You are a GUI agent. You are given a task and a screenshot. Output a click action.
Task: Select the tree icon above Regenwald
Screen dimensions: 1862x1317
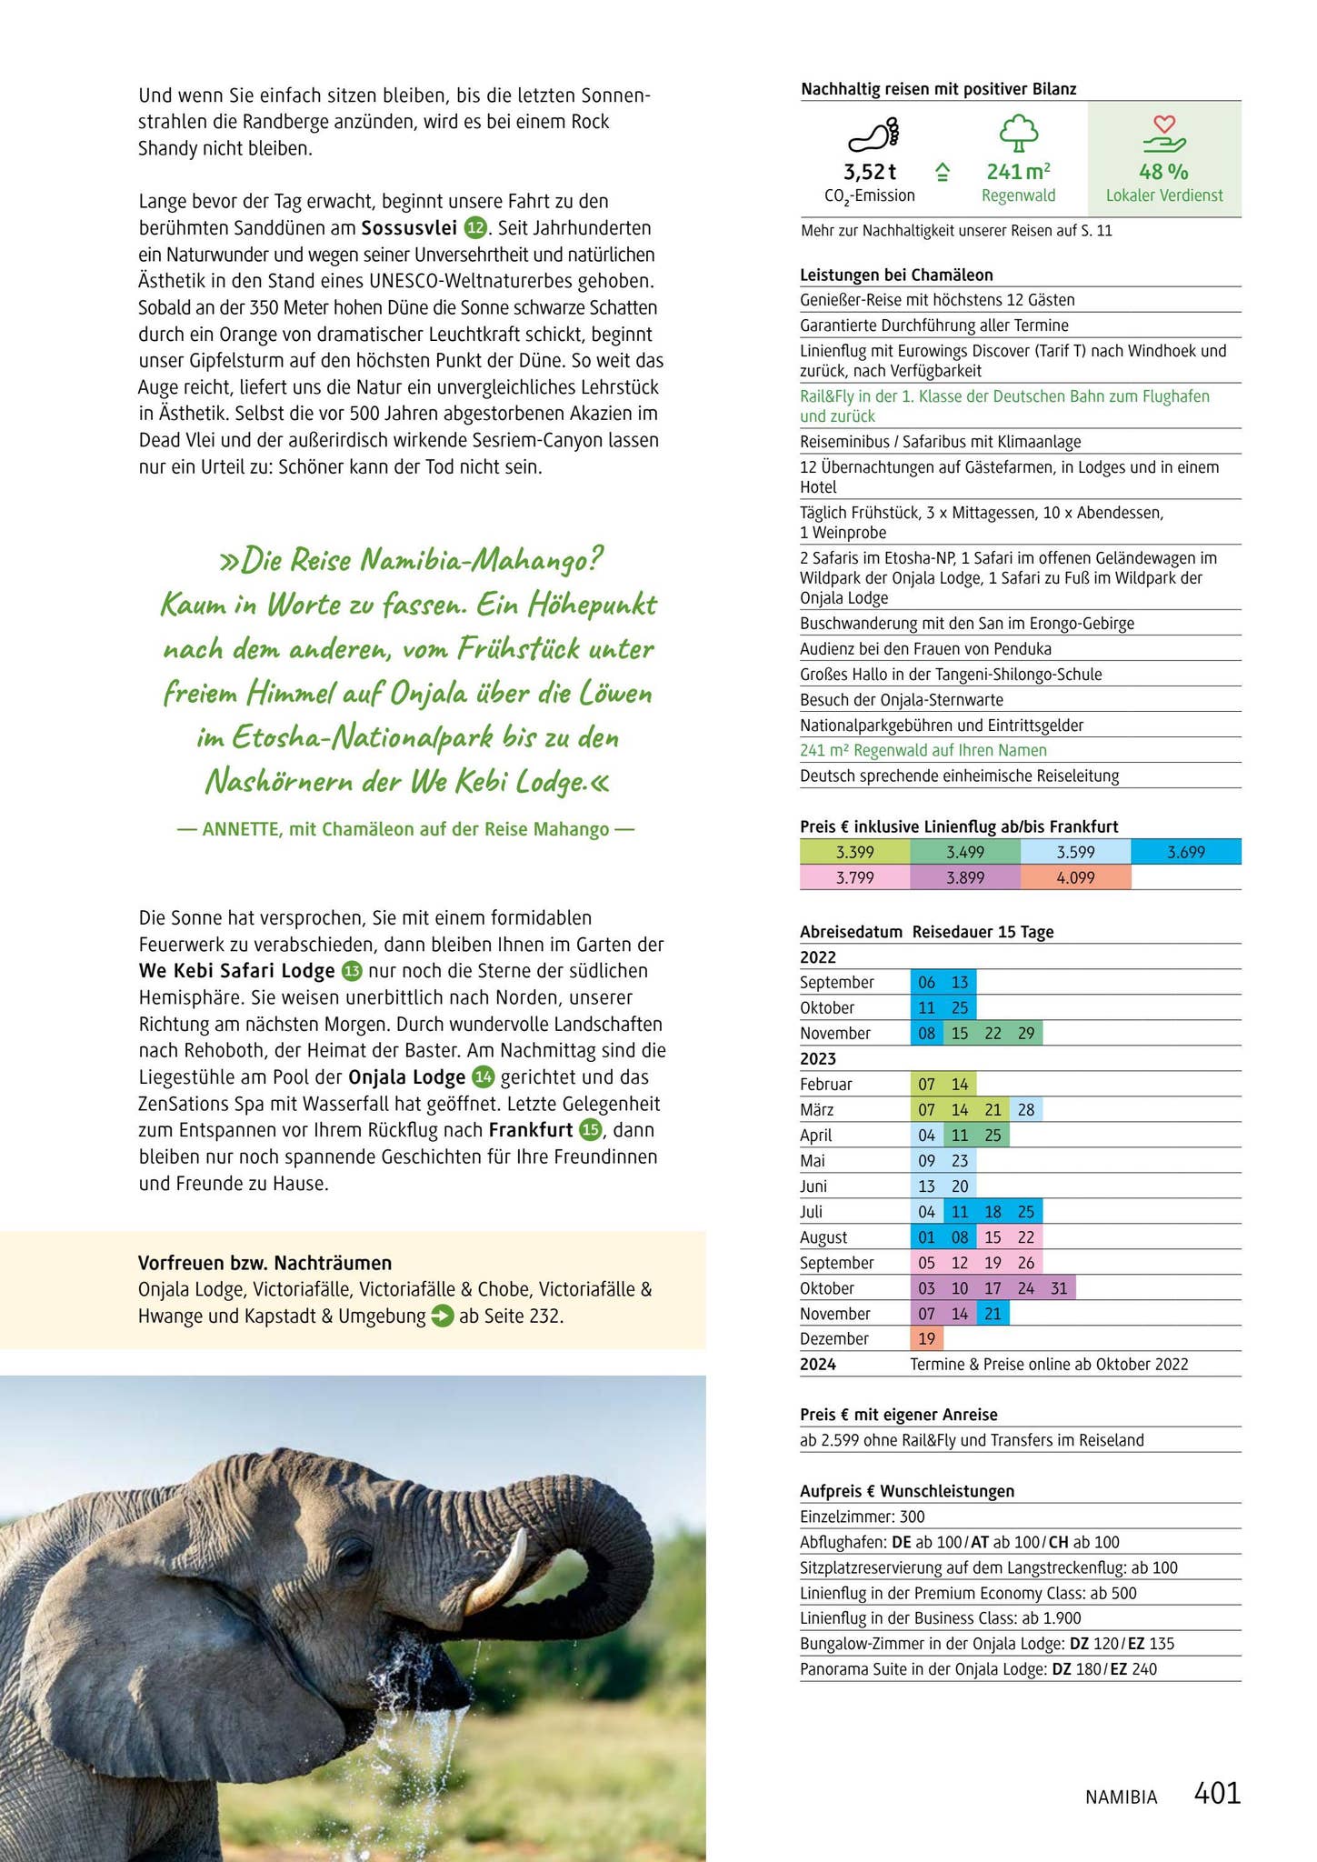tap(1018, 133)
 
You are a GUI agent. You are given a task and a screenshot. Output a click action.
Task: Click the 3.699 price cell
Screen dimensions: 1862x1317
tap(1185, 852)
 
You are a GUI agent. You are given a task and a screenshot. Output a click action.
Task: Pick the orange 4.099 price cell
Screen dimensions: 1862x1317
tap(1075, 877)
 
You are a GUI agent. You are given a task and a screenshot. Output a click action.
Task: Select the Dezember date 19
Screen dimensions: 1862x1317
tap(926, 1338)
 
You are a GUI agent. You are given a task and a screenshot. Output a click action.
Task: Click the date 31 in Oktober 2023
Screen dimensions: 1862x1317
tap(1059, 1287)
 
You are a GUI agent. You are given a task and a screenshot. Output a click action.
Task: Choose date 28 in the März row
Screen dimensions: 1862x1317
tap(1026, 1109)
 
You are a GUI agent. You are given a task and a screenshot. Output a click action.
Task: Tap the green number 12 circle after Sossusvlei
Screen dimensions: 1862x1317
tap(475, 227)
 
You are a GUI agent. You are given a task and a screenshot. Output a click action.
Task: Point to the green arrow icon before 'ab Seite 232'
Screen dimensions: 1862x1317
tap(442, 1316)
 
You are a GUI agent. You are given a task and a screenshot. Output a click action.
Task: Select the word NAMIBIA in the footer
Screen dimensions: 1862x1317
tap(1121, 1797)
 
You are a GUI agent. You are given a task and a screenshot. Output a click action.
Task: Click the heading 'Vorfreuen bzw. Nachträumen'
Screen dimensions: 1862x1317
tap(264, 1263)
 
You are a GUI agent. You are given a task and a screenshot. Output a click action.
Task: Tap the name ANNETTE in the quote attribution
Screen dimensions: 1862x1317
tap(241, 829)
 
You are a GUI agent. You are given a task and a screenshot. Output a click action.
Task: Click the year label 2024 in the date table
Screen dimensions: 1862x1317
tap(818, 1364)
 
